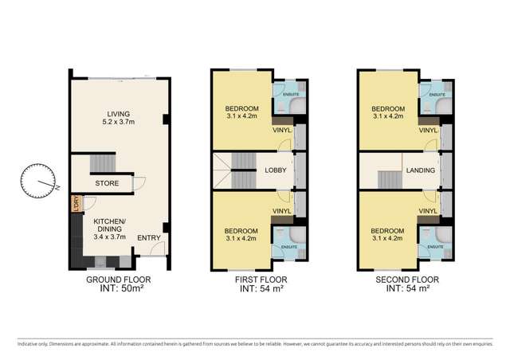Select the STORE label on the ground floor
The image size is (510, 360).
[107, 182]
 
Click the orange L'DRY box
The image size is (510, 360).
[76, 204]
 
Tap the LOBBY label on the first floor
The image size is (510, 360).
[276, 170]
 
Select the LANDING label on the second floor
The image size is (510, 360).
[421, 170]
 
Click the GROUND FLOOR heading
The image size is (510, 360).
[117, 280]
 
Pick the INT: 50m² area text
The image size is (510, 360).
[117, 290]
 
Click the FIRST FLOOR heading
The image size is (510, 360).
[261, 280]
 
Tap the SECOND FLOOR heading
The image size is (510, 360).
[406, 280]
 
